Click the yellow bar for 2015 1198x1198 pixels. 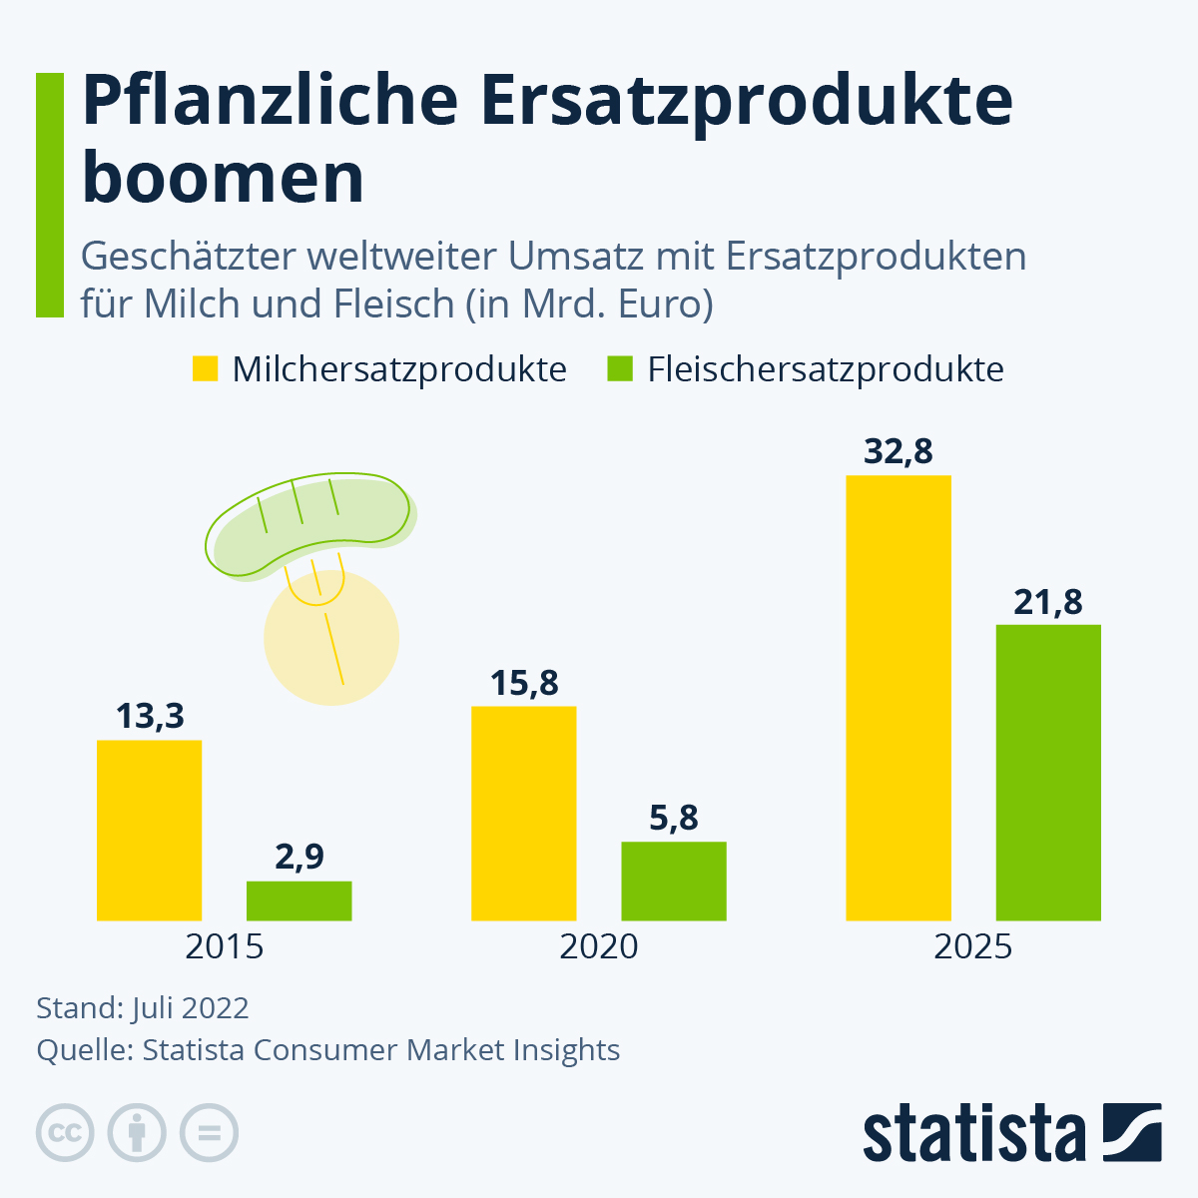pos(150,830)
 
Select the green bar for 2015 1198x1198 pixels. pos(299,900)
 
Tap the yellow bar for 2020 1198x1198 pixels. pos(524,813)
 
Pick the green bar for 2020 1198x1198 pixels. pos(674,881)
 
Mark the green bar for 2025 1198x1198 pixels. pos(1048,772)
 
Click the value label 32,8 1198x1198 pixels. pos(898,452)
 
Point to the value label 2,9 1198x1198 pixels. pos(299,858)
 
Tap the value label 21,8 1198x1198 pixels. pos(1048,603)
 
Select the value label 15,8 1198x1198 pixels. pos(524,684)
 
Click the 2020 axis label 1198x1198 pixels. pos(598,946)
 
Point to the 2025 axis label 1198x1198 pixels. pos(972,946)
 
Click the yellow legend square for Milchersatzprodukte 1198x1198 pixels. pos(205,369)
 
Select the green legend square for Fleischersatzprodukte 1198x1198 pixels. pos(620,369)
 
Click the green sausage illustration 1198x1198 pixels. pos(309,524)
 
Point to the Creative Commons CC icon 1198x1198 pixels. pos(65,1133)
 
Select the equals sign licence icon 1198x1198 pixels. pos(209,1133)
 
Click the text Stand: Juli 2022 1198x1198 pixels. pos(143,1007)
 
